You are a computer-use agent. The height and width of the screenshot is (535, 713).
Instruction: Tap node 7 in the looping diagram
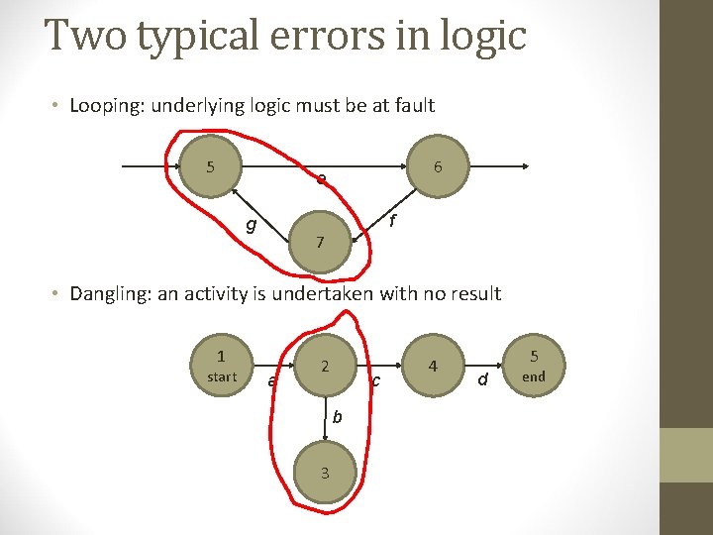pos(319,241)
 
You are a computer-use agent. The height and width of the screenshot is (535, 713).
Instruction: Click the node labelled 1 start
pos(222,366)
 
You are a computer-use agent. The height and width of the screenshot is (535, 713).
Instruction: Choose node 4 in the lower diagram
pos(433,366)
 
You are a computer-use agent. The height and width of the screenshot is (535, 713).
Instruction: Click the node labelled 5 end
pos(534,366)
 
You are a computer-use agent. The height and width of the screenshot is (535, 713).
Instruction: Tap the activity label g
pos(252,225)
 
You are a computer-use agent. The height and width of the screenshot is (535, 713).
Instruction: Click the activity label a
pos(272,380)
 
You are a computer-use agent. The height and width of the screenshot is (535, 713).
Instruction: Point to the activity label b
pos(337,417)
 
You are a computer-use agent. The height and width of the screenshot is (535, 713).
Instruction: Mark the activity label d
pos(482,378)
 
